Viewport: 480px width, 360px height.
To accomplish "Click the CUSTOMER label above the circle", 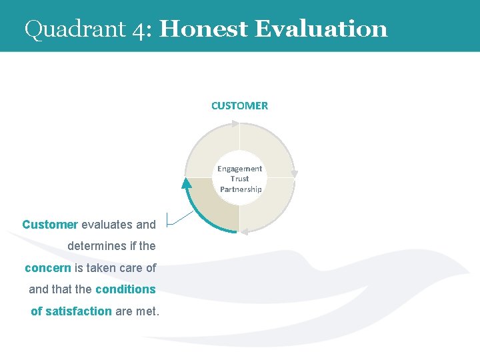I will click(239, 105).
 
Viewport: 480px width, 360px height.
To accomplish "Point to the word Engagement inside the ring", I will click(239, 169).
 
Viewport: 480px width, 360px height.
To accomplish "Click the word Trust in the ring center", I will click(239, 179).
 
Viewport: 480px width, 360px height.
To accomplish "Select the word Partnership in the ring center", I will click(241, 189).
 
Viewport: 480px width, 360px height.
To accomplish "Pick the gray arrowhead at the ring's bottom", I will click(244, 232).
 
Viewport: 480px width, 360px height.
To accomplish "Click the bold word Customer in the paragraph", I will click(50, 225).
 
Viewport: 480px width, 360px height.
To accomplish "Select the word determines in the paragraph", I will click(97, 246).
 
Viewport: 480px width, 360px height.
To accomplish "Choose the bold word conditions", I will click(125, 289).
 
